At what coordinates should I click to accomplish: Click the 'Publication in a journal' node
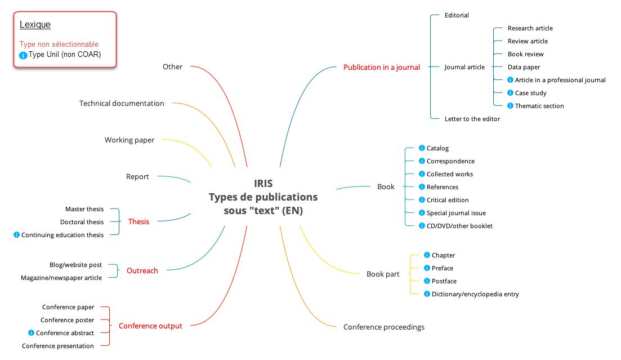pyautogui.click(x=382, y=67)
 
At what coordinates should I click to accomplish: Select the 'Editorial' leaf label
pyautogui.click(x=457, y=15)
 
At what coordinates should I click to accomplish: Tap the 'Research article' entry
pyautogui.click(x=530, y=28)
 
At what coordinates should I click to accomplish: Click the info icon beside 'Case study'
pyautogui.click(x=511, y=93)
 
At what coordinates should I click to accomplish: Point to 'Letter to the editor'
pyautogui.click(x=472, y=119)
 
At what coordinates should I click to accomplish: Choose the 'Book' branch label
pyautogui.click(x=386, y=186)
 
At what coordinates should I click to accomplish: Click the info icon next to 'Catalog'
pyautogui.click(x=422, y=148)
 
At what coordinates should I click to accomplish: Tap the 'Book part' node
pyautogui.click(x=383, y=274)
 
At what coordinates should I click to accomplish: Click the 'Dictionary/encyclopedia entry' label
pyautogui.click(x=475, y=294)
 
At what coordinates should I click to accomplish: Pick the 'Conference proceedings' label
pyautogui.click(x=384, y=327)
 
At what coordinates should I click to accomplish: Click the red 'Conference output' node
pyautogui.click(x=150, y=326)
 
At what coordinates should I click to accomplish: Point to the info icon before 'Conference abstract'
pyautogui.click(x=32, y=333)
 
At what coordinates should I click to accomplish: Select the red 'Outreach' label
pyautogui.click(x=142, y=270)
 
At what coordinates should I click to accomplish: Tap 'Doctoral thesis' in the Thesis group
pyautogui.click(x=82, y=222)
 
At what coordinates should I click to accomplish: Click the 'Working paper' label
pyautogui.click(x=129, y=140)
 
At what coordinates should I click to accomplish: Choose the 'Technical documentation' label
pyautogui.click(x=122, y=103)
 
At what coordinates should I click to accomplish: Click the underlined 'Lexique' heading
pyautogui.click(x=35, y=24)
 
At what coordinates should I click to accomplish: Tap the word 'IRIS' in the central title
pyautogui.click(x=263, y=184)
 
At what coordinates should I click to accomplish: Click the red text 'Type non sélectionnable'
pyautogui.click(x=59, y=44)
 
